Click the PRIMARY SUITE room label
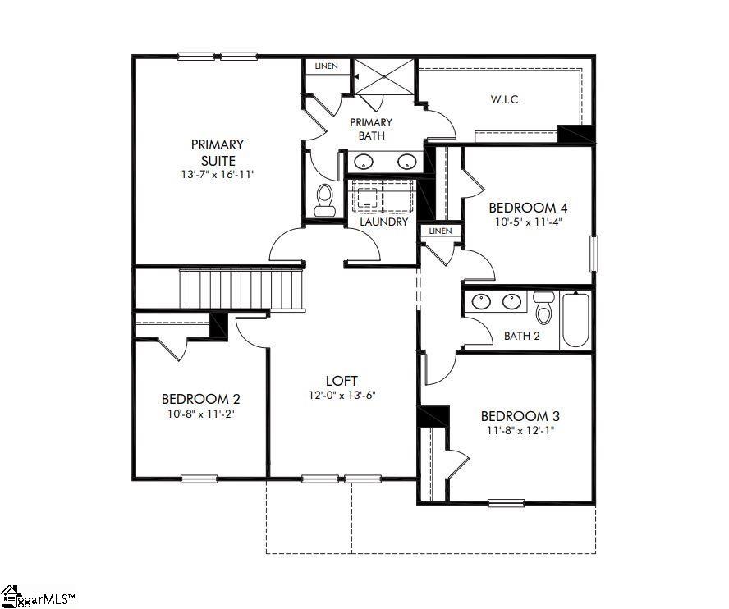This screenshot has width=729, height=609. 218,152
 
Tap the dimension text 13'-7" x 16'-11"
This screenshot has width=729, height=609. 218,175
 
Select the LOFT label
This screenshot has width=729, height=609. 341,381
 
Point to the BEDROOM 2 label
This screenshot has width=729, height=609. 201,399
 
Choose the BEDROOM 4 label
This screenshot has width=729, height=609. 528,207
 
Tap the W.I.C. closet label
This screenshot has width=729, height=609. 507,99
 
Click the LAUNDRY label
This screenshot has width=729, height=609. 384,222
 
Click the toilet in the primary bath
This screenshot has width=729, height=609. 324,199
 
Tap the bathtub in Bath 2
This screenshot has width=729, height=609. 575,319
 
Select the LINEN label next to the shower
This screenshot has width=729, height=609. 326,66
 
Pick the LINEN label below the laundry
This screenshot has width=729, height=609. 440,231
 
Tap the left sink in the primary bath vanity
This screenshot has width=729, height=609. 364,162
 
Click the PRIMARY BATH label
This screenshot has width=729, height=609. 371,129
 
